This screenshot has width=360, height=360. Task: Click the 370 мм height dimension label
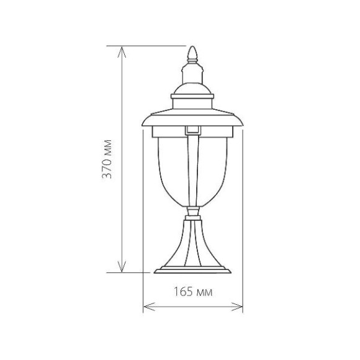click(107, 159)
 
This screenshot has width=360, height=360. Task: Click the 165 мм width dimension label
click(193, 292)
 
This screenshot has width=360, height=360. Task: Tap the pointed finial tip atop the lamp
click(192, 47)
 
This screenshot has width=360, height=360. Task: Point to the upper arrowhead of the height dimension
click(122, 52)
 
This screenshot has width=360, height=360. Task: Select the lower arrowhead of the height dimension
click(122, 266)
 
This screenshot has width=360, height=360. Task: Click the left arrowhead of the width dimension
click(149, 307)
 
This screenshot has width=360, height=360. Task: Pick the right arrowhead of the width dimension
click(236, 307)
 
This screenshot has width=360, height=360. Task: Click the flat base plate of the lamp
click(192, 270)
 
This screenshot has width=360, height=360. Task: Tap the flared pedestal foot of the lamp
click(192, 243)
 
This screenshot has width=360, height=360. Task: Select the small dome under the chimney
click(192, 89)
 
